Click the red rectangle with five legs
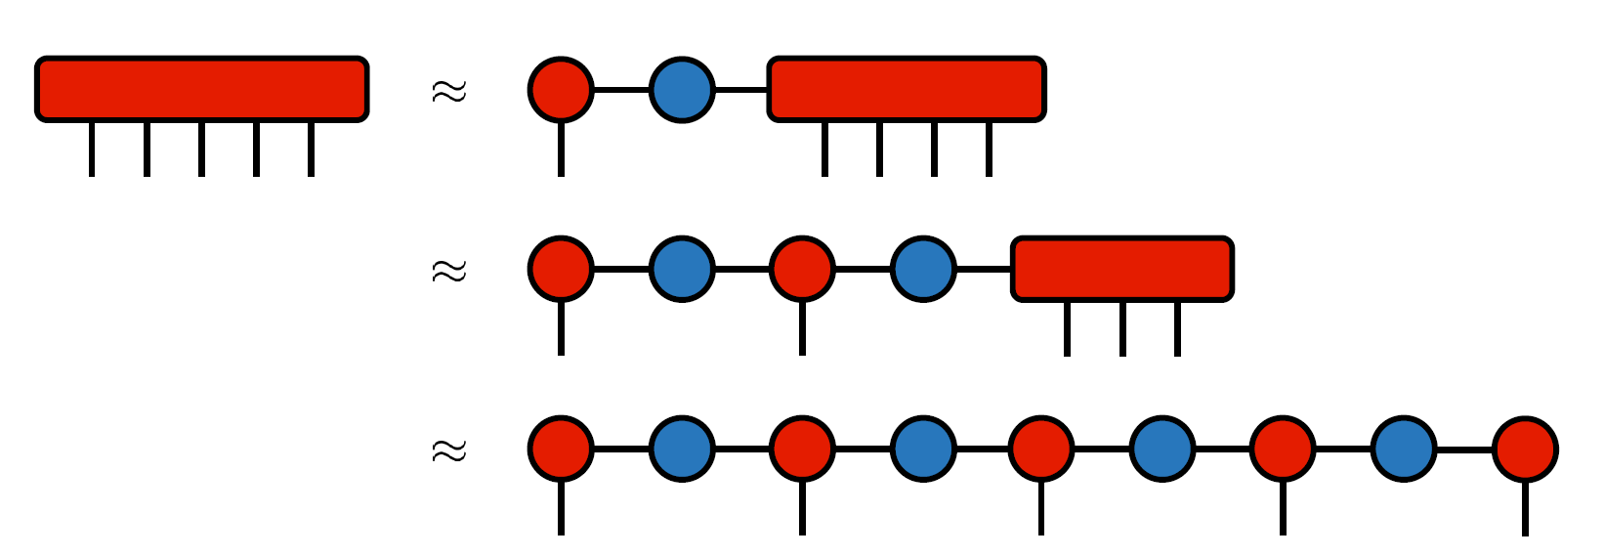pyautogui.click(x=202, y=89)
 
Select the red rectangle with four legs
pyautogui.click(x=907, y=89)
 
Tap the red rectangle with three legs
pyautogui.click(x=1122, y=269)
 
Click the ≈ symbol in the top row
pyautogui.click(x=449, y=91)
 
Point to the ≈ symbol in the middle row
pyautogui.click(x=449, y=271)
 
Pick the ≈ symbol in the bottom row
pyautogui.click(x=449, y=450)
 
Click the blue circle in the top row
pyautogui.click(x=682, y=90)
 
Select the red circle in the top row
pyautogui.click(x=561, y=90)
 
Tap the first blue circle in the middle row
pyautogui.click(x=682, y=269)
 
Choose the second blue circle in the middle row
pyautogui.click(x=923, y=269)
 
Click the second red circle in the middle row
pyautogui.click(x=802, y=269)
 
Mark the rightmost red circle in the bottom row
pyautogui.click(x=1525, y=450)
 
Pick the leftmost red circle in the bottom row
pyautogui.click(x=561, y=450)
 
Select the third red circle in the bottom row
pyautogui.click(x=1041, y=450)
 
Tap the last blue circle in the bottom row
pyautogui.click(x=1404, y=450)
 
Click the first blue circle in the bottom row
pyautogui.click(x=682, y=450)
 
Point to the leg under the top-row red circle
pyautogui.click(x=561, y=150)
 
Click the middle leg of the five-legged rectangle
pyautogui.click(x=201, y=149)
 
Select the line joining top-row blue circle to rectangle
pyautogui.click(x=741, y=90)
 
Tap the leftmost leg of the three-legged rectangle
pyautogui.click(x=1067, y=328)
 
